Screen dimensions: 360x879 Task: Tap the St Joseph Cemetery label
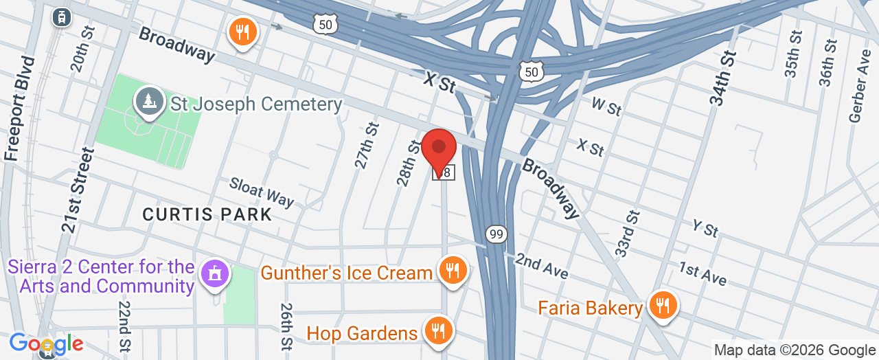coord(256,104)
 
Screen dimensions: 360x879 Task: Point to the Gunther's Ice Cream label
coord(346,273)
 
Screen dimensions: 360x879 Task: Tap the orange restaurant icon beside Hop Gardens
coord(436,330)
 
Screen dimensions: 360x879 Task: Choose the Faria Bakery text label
coord(591,307)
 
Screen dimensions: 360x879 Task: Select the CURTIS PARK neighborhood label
coord(207,214)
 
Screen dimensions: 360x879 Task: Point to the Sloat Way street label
coord(262,192)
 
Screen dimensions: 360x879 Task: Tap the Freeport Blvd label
coord(19,108)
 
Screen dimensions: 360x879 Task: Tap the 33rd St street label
coord(627,234)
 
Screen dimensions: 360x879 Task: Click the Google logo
coord(46,344)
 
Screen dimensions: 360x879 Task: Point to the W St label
coord(606,107)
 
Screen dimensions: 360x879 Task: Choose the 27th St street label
coord(367,146)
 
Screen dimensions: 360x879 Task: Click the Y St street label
coord(705,229)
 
